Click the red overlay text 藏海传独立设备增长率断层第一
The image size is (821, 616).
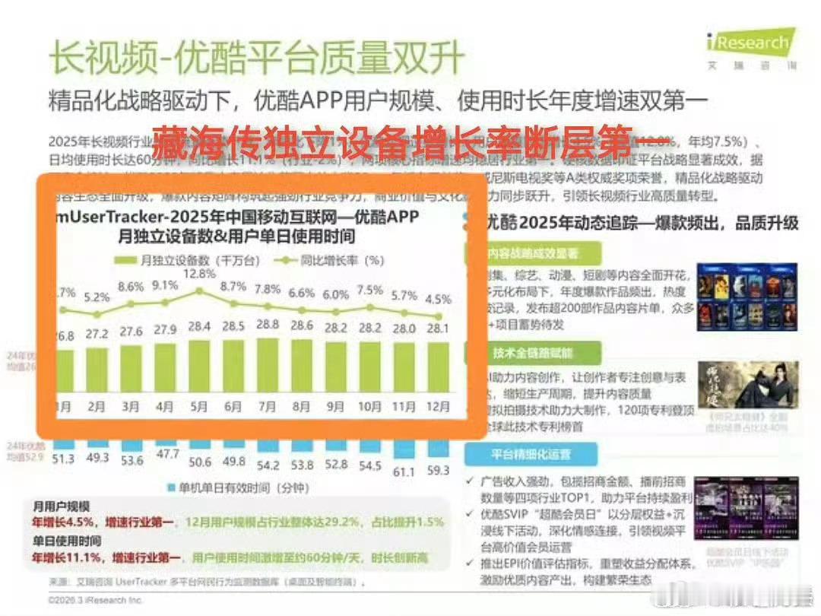tap(407, 141)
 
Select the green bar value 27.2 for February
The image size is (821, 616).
tap(97, 335)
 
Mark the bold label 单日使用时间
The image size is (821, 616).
tap(67, 541)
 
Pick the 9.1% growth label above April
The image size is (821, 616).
tap(164, 286)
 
